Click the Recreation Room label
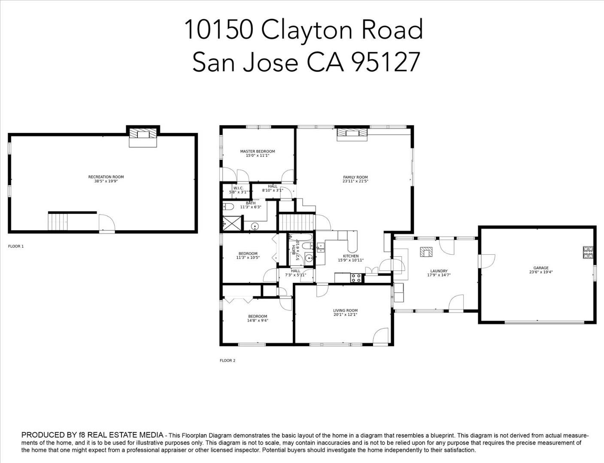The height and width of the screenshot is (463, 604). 106,177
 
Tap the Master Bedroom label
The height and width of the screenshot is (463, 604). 257,151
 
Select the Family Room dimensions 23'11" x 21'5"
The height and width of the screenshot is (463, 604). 355,181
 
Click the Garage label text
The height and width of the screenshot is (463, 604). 540,268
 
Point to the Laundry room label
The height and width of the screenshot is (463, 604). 439,271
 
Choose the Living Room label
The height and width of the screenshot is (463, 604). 345,310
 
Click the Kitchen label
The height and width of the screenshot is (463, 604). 351,256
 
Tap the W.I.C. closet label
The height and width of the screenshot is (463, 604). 238,188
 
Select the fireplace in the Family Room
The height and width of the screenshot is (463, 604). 352,133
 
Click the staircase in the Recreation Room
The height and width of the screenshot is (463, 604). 58,222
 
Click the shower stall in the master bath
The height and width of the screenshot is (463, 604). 231,223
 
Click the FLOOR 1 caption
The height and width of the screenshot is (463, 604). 16,247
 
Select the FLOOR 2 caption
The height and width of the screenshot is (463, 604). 228,361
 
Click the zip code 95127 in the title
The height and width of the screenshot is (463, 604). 385,62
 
